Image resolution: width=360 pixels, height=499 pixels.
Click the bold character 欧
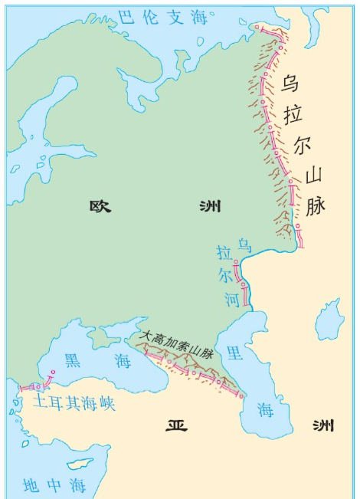click(101, 206)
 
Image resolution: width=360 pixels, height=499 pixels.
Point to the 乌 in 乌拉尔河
click(244, 245)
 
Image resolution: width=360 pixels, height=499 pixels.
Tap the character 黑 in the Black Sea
click(74, 361)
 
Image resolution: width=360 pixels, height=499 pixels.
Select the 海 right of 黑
click(121, 360)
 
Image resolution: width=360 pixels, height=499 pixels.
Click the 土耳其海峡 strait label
click(74, 402)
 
